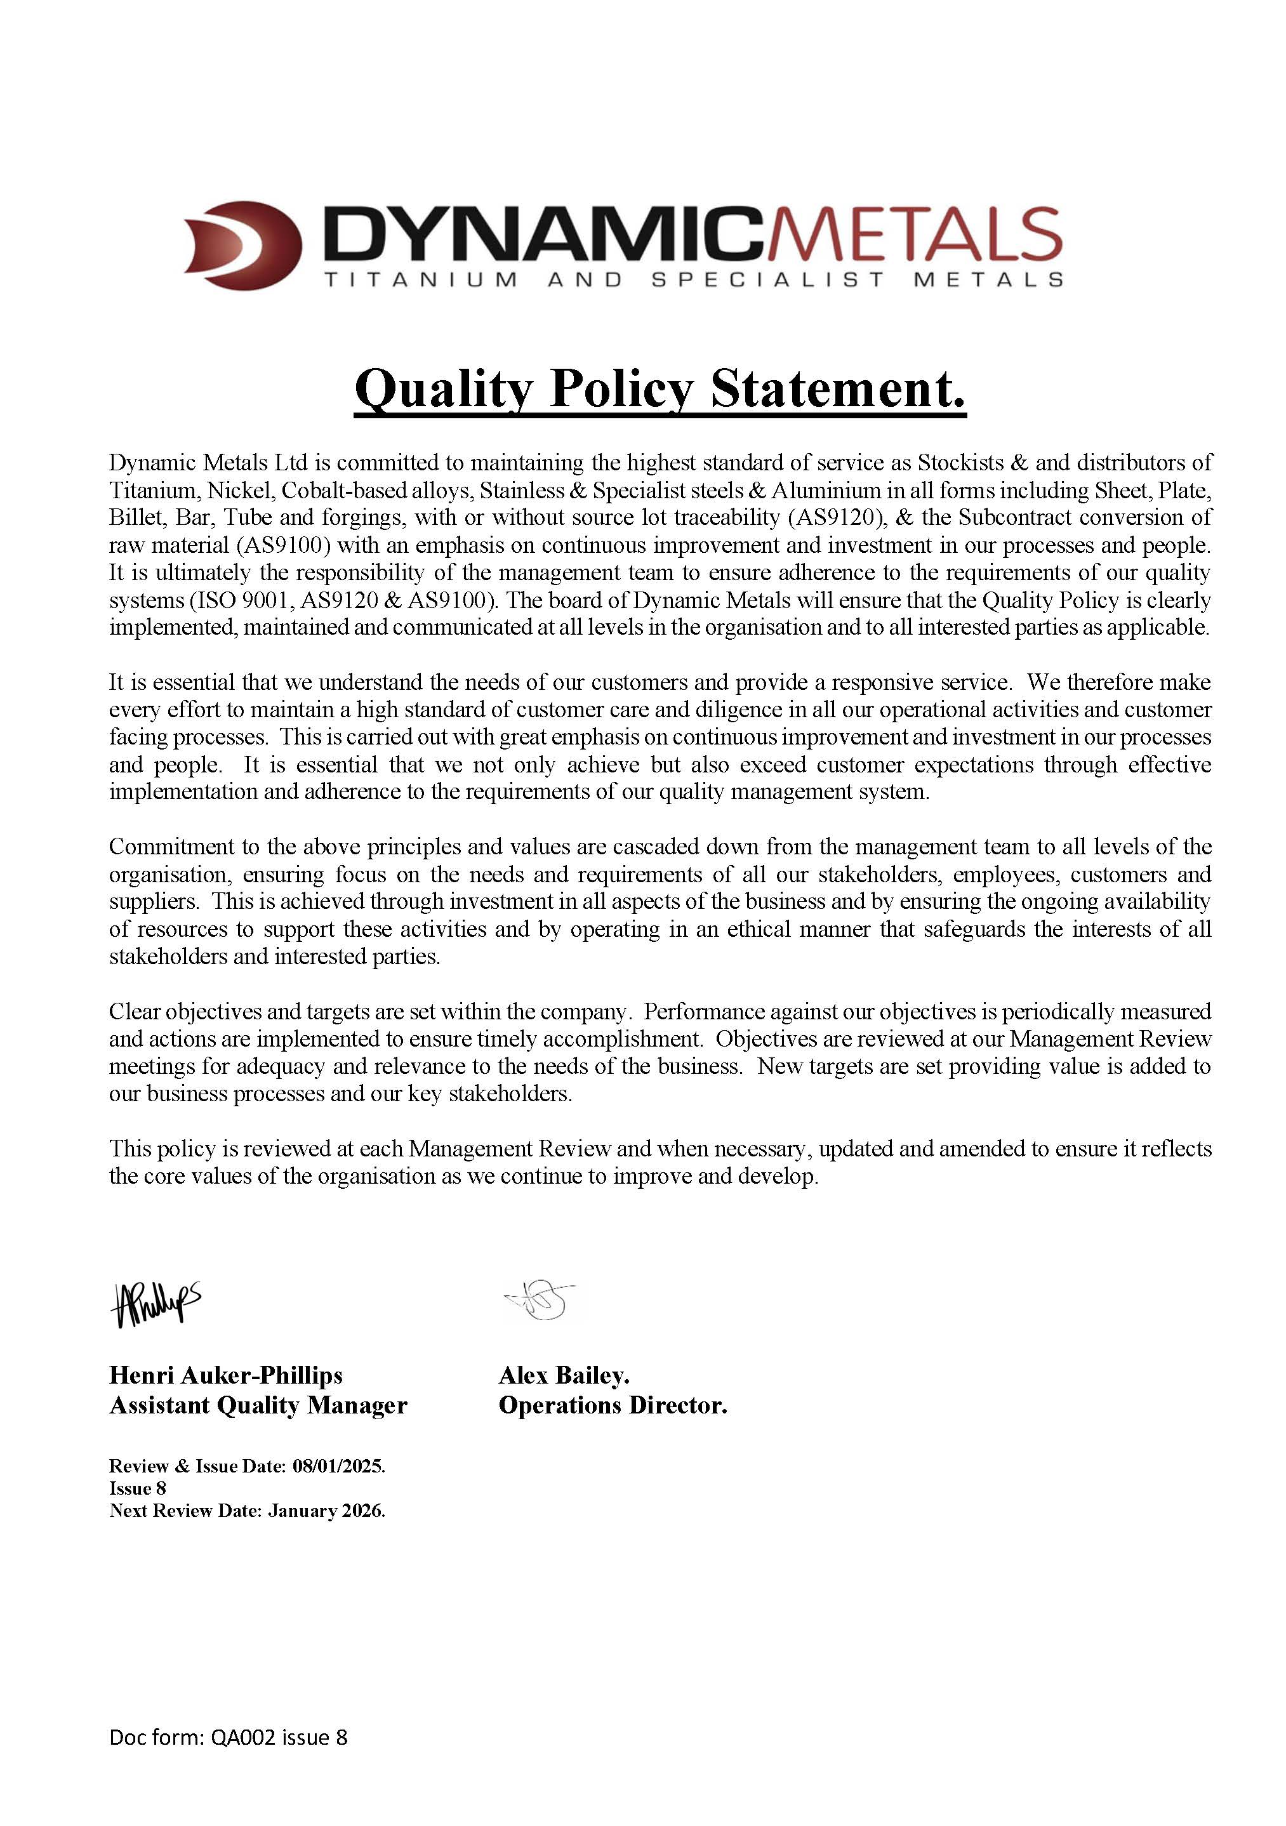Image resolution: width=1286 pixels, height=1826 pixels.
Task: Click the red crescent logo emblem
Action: coord(242,245)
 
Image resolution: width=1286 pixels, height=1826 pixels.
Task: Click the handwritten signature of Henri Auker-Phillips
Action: coord(155,1304)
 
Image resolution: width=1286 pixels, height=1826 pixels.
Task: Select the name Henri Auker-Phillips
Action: coord(226,1375)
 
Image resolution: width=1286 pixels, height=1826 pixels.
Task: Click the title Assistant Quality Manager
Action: coord(258,1405)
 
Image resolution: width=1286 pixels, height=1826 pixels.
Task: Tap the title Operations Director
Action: coord(613,1405)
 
